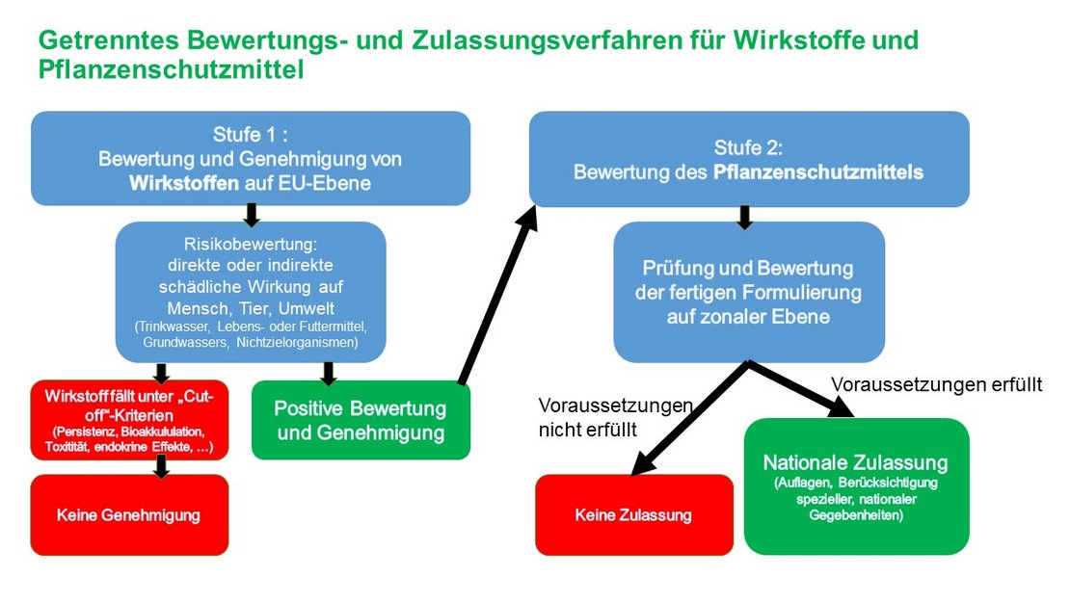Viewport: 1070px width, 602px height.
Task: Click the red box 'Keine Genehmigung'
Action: [x=129, y=515]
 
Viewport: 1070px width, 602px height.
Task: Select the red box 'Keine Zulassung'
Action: [x=633, y=515]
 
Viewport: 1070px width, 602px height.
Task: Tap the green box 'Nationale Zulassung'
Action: [x=855, y=486]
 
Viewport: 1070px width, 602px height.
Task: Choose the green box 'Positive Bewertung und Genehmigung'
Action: [x=360, y=421]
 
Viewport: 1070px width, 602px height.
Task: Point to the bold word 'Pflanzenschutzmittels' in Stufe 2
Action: [x=818, y=172]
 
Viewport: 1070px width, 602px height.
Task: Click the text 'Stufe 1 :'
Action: [x=250, y=134]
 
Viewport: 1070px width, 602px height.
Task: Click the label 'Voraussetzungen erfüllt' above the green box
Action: [x=936, y=385]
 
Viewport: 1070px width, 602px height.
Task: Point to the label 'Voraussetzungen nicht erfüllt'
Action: [x=614, y=417]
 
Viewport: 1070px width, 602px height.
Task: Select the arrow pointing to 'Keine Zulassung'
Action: [x=688, y=419]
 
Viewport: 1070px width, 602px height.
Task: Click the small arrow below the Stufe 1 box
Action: [x=251, y=214]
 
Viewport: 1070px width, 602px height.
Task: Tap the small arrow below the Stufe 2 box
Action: [x=743, y=217]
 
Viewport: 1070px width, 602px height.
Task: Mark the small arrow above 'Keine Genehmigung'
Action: [x=161, y=466]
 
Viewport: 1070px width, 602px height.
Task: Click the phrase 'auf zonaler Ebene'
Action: [x=748, y=316]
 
